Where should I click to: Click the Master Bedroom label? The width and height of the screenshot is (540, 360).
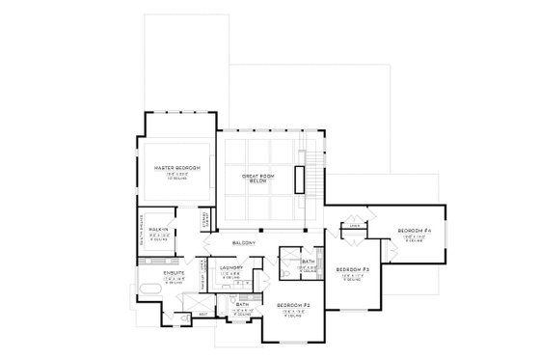pyautogui.click(x=176, y=168)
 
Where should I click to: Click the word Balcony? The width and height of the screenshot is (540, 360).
pyautogui.click(x=243, y=244)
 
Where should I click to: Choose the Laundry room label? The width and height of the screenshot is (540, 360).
pyautogui.click(x=229, y=269)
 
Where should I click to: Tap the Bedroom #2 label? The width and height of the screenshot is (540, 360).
pyautogui.click(x=292, y=306)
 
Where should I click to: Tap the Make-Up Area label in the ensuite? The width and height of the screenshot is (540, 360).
pyautogui.click(x=202, y=275)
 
